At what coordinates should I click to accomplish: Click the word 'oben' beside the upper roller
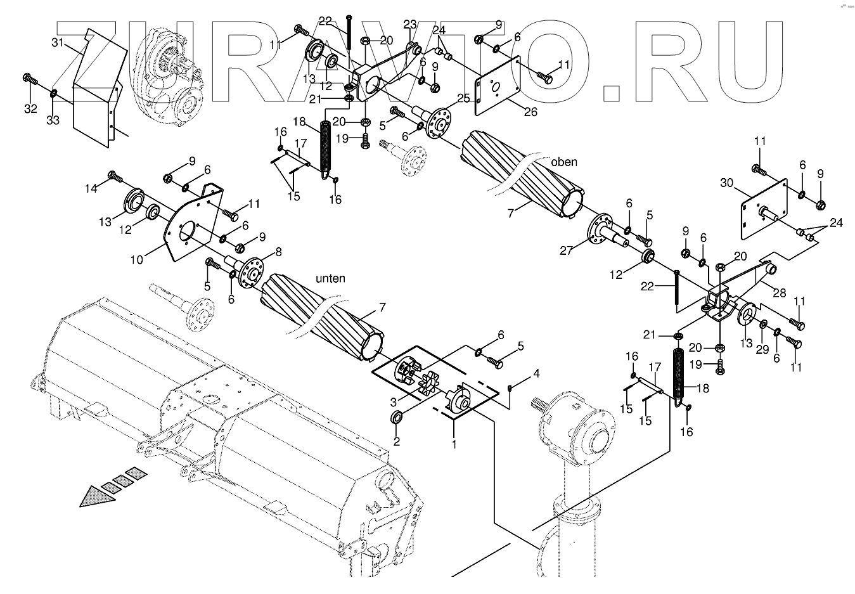point(563,162)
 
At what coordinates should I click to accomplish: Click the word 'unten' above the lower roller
point(330,278)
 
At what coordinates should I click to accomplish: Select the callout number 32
point(30,109)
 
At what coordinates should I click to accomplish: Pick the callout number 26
point(530,112)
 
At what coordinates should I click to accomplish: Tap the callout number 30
point(726,183)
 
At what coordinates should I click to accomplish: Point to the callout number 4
point(536,373)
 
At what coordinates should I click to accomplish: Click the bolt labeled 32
point(30,79)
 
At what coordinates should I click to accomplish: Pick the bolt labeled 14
point(115,176)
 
